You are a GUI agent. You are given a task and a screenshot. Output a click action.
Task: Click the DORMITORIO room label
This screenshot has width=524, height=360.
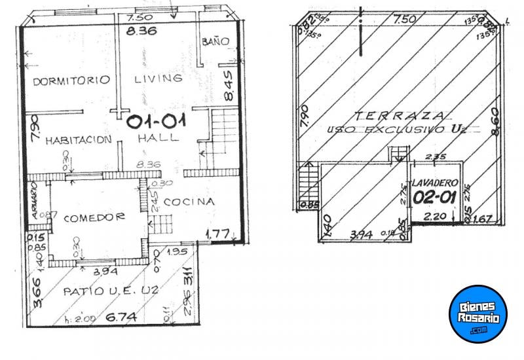[71, 81]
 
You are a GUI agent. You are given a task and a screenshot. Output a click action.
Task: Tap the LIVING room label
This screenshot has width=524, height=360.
[158, 79]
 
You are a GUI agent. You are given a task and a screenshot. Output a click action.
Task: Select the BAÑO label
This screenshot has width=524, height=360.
[215, 41]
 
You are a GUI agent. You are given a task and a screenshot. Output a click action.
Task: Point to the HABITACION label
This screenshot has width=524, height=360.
[75, 139]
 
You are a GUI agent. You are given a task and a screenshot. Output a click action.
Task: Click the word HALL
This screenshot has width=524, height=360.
[158, 138]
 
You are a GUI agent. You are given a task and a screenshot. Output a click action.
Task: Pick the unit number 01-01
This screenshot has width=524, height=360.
[157, 121]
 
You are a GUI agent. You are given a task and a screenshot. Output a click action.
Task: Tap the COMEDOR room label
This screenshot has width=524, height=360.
[94, 217]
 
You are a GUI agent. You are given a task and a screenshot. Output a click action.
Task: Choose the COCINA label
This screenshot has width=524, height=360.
[189, 202]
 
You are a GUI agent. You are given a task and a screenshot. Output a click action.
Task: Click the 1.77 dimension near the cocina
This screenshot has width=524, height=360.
[217, 232]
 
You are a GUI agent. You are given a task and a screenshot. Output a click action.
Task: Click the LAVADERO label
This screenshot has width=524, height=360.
[434, 183]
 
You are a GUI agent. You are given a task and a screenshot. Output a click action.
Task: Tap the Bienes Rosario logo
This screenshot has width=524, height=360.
[478, 314]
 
